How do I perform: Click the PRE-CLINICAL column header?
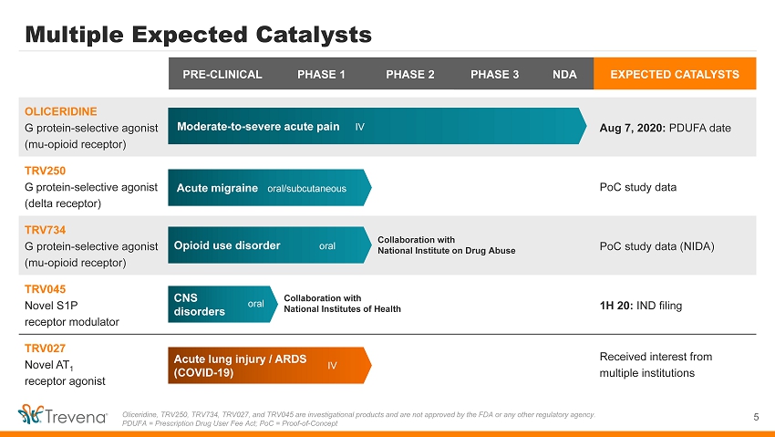tap(222, 74)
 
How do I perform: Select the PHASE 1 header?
tap(321, 74)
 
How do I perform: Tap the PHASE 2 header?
tap(410, 74)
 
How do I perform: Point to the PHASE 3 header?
tap(495, 74)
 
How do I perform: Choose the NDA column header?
tap(564, 74)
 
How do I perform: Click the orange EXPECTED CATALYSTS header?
tap(675, 74)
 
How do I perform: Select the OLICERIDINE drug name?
tap(61, 111)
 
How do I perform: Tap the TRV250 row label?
tap(45, 171)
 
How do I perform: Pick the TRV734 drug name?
tap(45, 230)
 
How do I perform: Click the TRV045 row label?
tap(45, 289)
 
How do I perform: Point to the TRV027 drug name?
tap(45, 349)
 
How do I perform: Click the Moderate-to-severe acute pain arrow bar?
tap(377, 126)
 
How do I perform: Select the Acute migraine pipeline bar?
tap(269, 188)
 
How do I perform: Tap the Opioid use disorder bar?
tap(269, 245)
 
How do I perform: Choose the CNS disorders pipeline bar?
tap(222, 304)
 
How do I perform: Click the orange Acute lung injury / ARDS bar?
tap(269, 365)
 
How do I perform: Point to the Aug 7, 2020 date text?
tap(632, 128)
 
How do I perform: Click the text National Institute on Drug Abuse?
tap(447, 251)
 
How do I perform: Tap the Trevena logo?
tap(62, 414)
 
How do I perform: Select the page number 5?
tap(756, 417)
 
